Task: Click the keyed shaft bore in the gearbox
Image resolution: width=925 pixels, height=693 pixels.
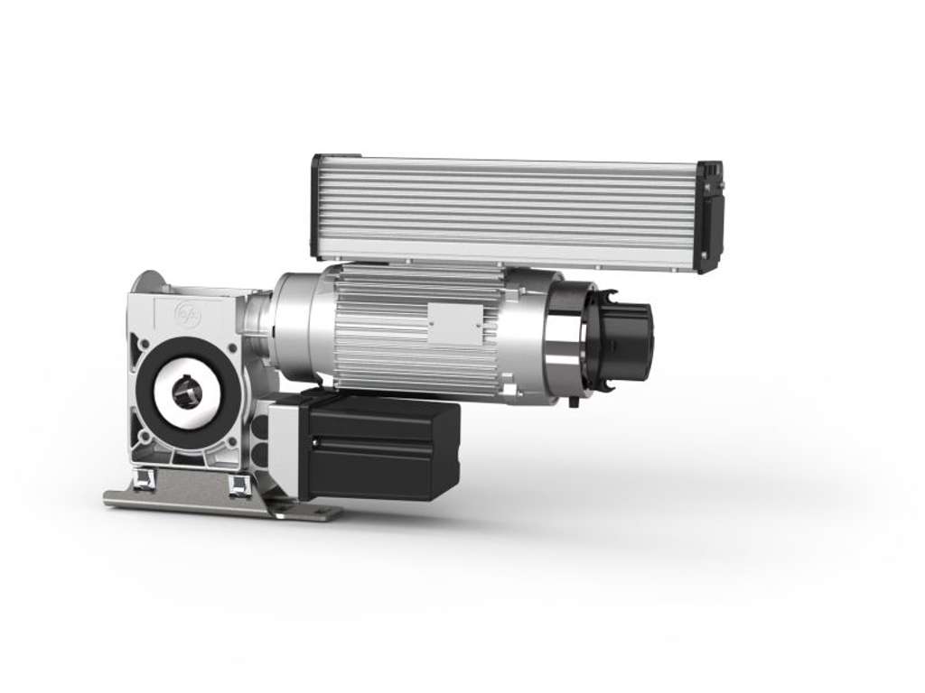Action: pyautogui.click(x=187, y=392)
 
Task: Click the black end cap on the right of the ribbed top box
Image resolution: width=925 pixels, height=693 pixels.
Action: pyautogui.click(x=709, y=217)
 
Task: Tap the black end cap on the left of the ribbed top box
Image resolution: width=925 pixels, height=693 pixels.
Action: pyautogui.click(x=316, y=206)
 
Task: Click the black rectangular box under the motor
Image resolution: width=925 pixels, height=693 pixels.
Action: pyautogui.click(x=379, y=447)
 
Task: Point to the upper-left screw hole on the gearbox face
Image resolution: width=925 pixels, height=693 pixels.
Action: pyautogui.click(x=144, y=344)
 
